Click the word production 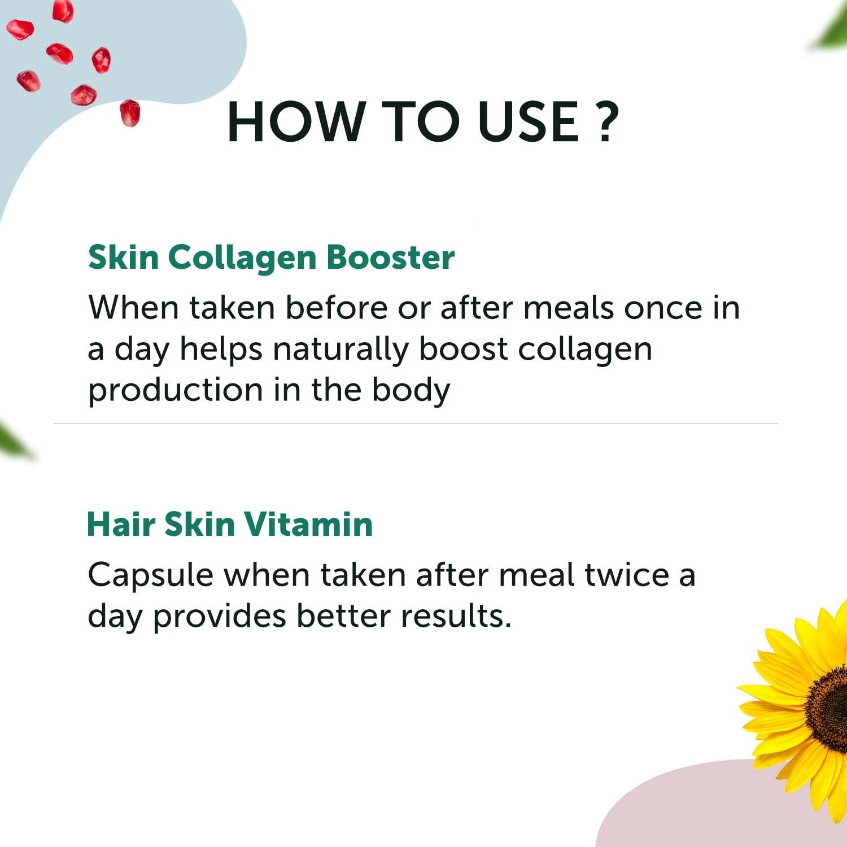click(176, 391)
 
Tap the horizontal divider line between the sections click(416, 423)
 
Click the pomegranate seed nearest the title click(130, 113)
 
